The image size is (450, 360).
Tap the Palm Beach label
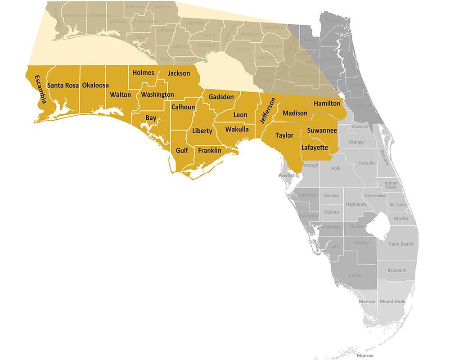400,244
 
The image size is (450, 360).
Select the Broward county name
396,270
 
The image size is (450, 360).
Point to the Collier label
355,275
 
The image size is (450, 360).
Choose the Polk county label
336,168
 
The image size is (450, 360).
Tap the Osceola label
366,163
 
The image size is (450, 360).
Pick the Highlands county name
356,204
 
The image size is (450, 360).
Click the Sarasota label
308,216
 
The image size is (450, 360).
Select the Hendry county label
361,243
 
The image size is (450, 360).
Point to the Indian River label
391,184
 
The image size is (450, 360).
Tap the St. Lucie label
398,205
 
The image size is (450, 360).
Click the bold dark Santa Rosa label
63,85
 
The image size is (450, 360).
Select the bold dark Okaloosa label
95,85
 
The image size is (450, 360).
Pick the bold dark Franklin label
210,151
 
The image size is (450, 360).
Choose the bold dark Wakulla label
237,130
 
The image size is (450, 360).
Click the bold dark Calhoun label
183,107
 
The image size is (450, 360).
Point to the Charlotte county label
331,227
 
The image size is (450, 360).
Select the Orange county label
356,143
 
